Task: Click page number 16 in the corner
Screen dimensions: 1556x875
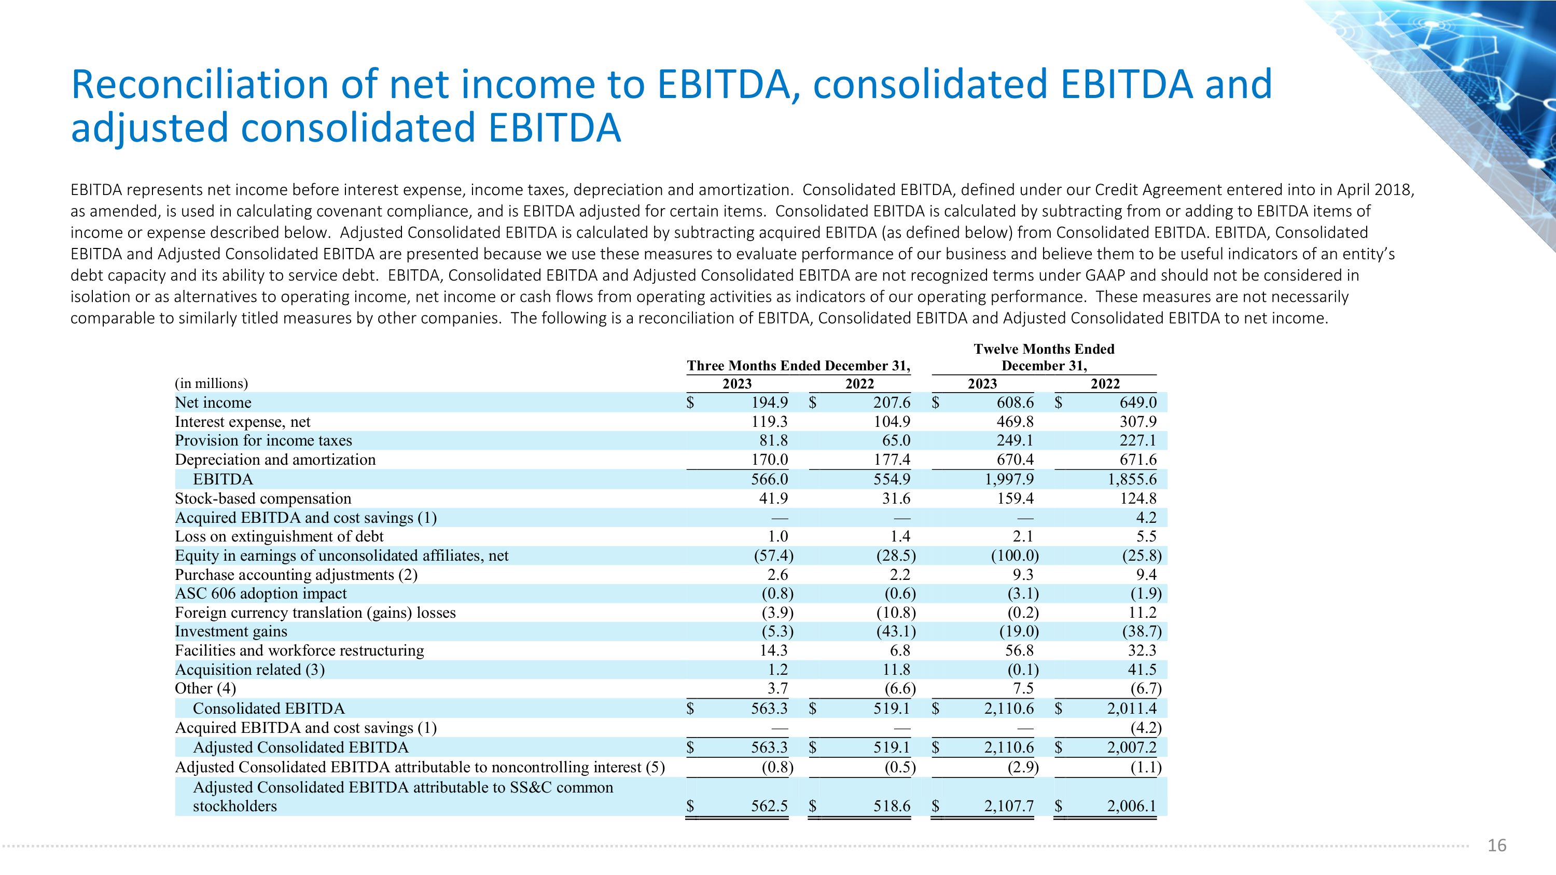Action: [x=1497, y=845]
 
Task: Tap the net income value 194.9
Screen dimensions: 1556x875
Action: [x=770, y=402]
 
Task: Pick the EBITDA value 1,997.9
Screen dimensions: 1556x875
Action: [x=1009, y=479]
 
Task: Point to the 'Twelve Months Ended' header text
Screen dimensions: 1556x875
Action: [x=1045, y=349]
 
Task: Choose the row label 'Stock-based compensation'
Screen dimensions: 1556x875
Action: [x=263, y=498]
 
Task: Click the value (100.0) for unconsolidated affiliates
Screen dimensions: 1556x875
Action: [x=1015, y=555]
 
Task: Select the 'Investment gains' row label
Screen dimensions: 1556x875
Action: [x=231, y=631]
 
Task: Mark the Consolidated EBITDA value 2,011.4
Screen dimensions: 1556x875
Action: [x=1132, y=709]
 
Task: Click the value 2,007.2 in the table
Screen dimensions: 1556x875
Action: [x=1132, y=747]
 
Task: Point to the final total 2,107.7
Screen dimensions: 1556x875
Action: [x=1009, y=805]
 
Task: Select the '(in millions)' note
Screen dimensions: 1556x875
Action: [x=212, y=383]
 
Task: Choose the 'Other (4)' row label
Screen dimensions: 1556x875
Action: [x=205, y=688]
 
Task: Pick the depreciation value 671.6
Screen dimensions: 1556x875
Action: [x=1138, y=460]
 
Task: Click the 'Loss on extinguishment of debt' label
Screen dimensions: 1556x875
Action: [x=279, y=536]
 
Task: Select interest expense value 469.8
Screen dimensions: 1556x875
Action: [x=1016, y=422]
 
